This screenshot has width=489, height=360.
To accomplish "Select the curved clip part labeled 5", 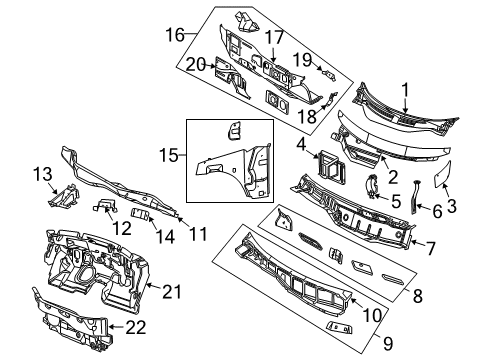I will (x=369, y=186).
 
